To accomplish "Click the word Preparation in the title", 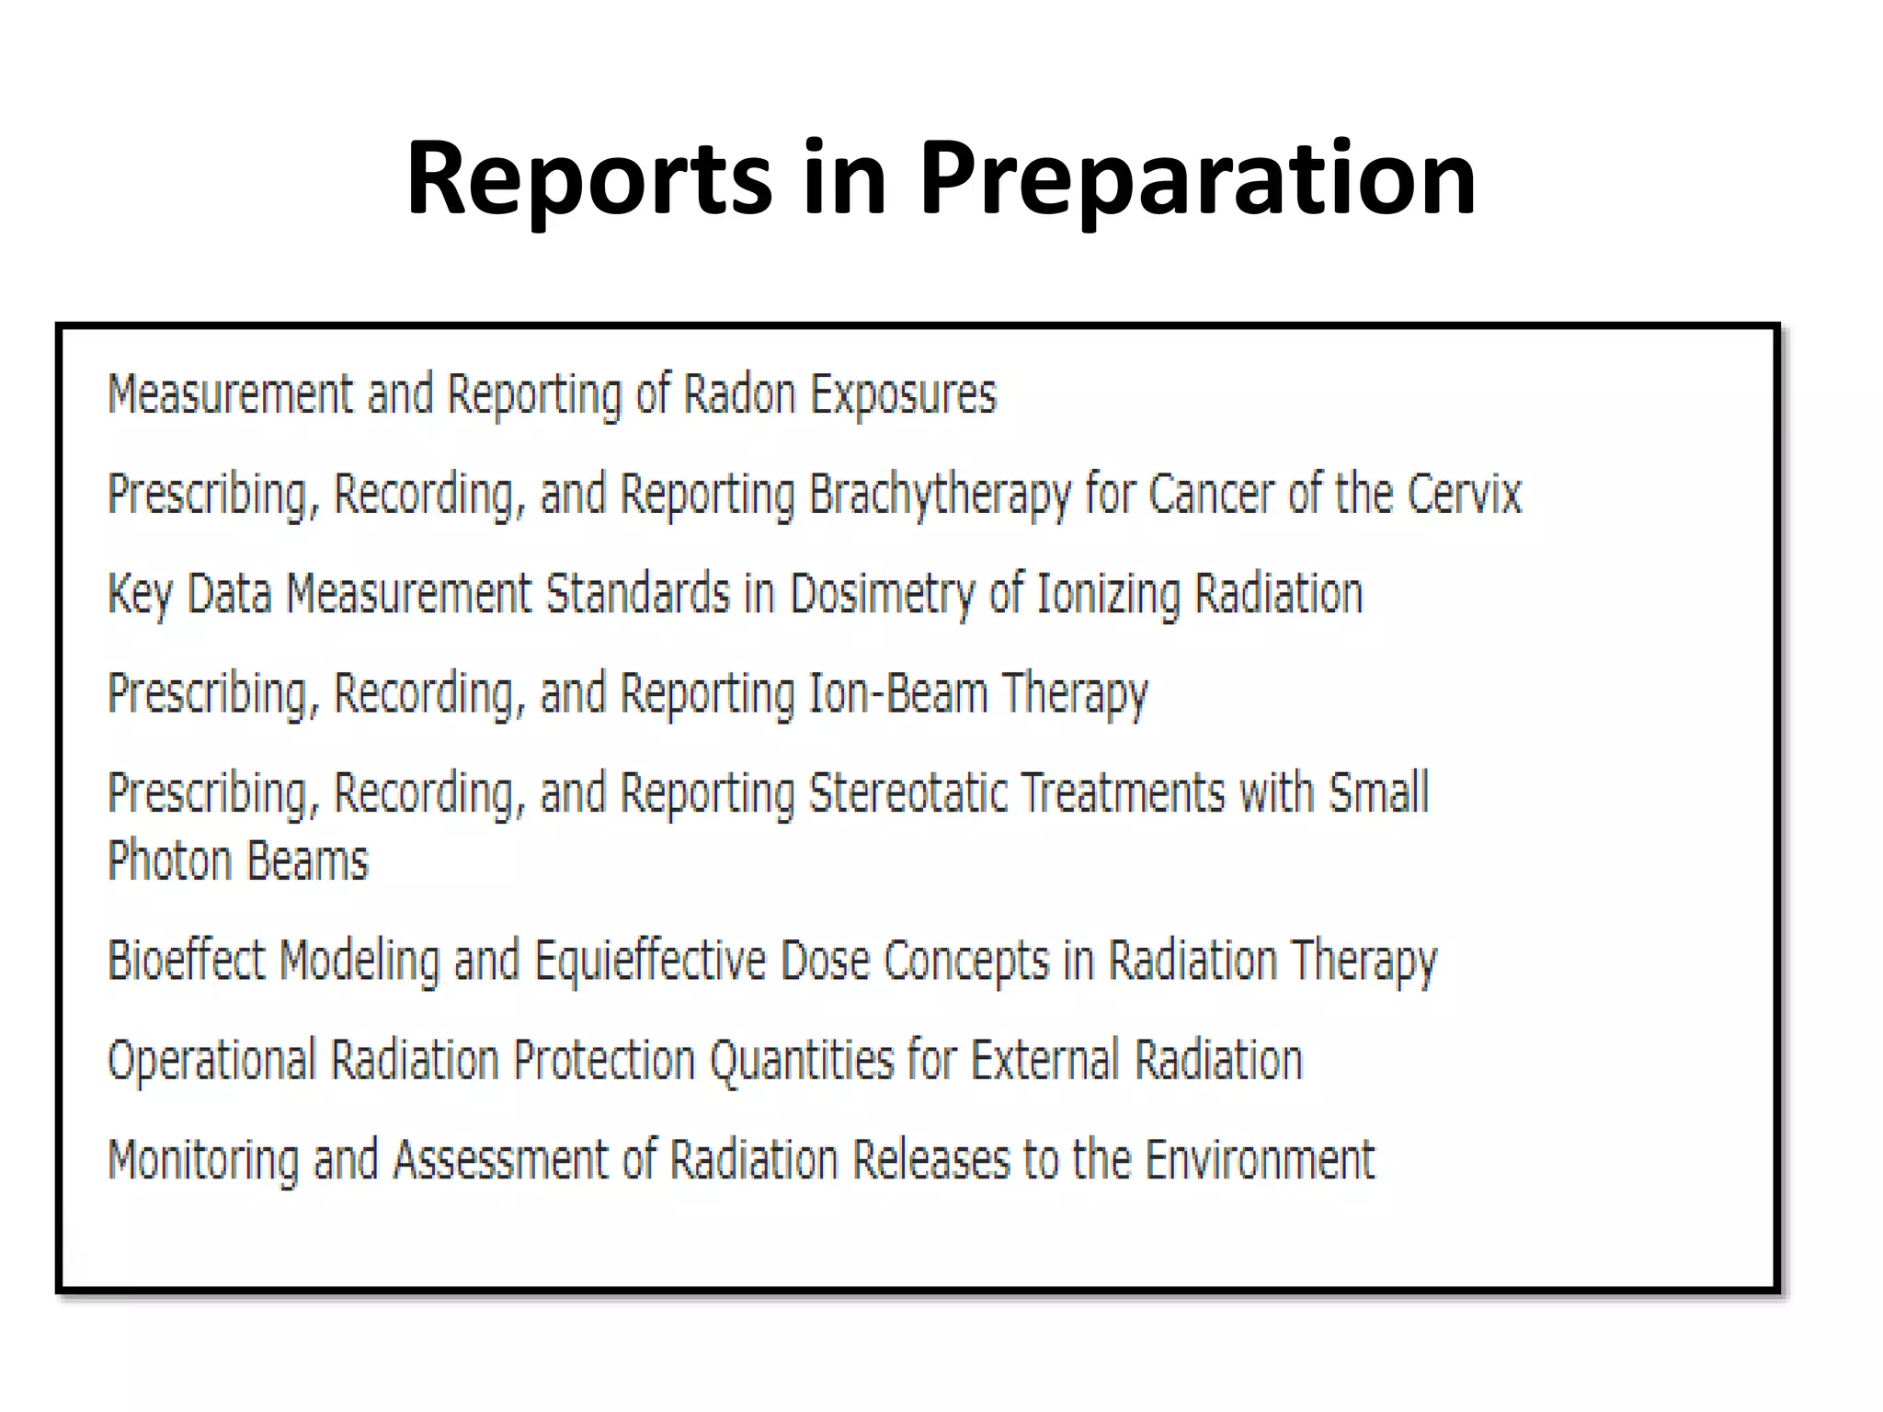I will pos(1197,178).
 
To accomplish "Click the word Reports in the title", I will pos(588,178).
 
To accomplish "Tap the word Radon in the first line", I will pos(739,395).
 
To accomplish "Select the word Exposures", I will pos(903,395).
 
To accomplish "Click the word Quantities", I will pos(801,1060).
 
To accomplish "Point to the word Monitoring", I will pos(203,1159).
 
